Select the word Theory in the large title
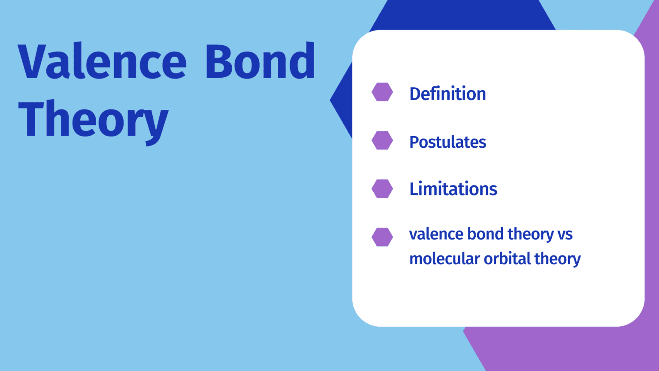(93, 119)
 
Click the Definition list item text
(447, 94)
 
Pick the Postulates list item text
(447, 142)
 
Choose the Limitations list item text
(453, 189)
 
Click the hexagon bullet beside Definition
(382, 92)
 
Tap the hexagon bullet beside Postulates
(382, 140)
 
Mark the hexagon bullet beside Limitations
(382, 189)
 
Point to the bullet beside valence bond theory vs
(382, 237)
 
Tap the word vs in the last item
(565, 234)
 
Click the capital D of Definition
(415, 94)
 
